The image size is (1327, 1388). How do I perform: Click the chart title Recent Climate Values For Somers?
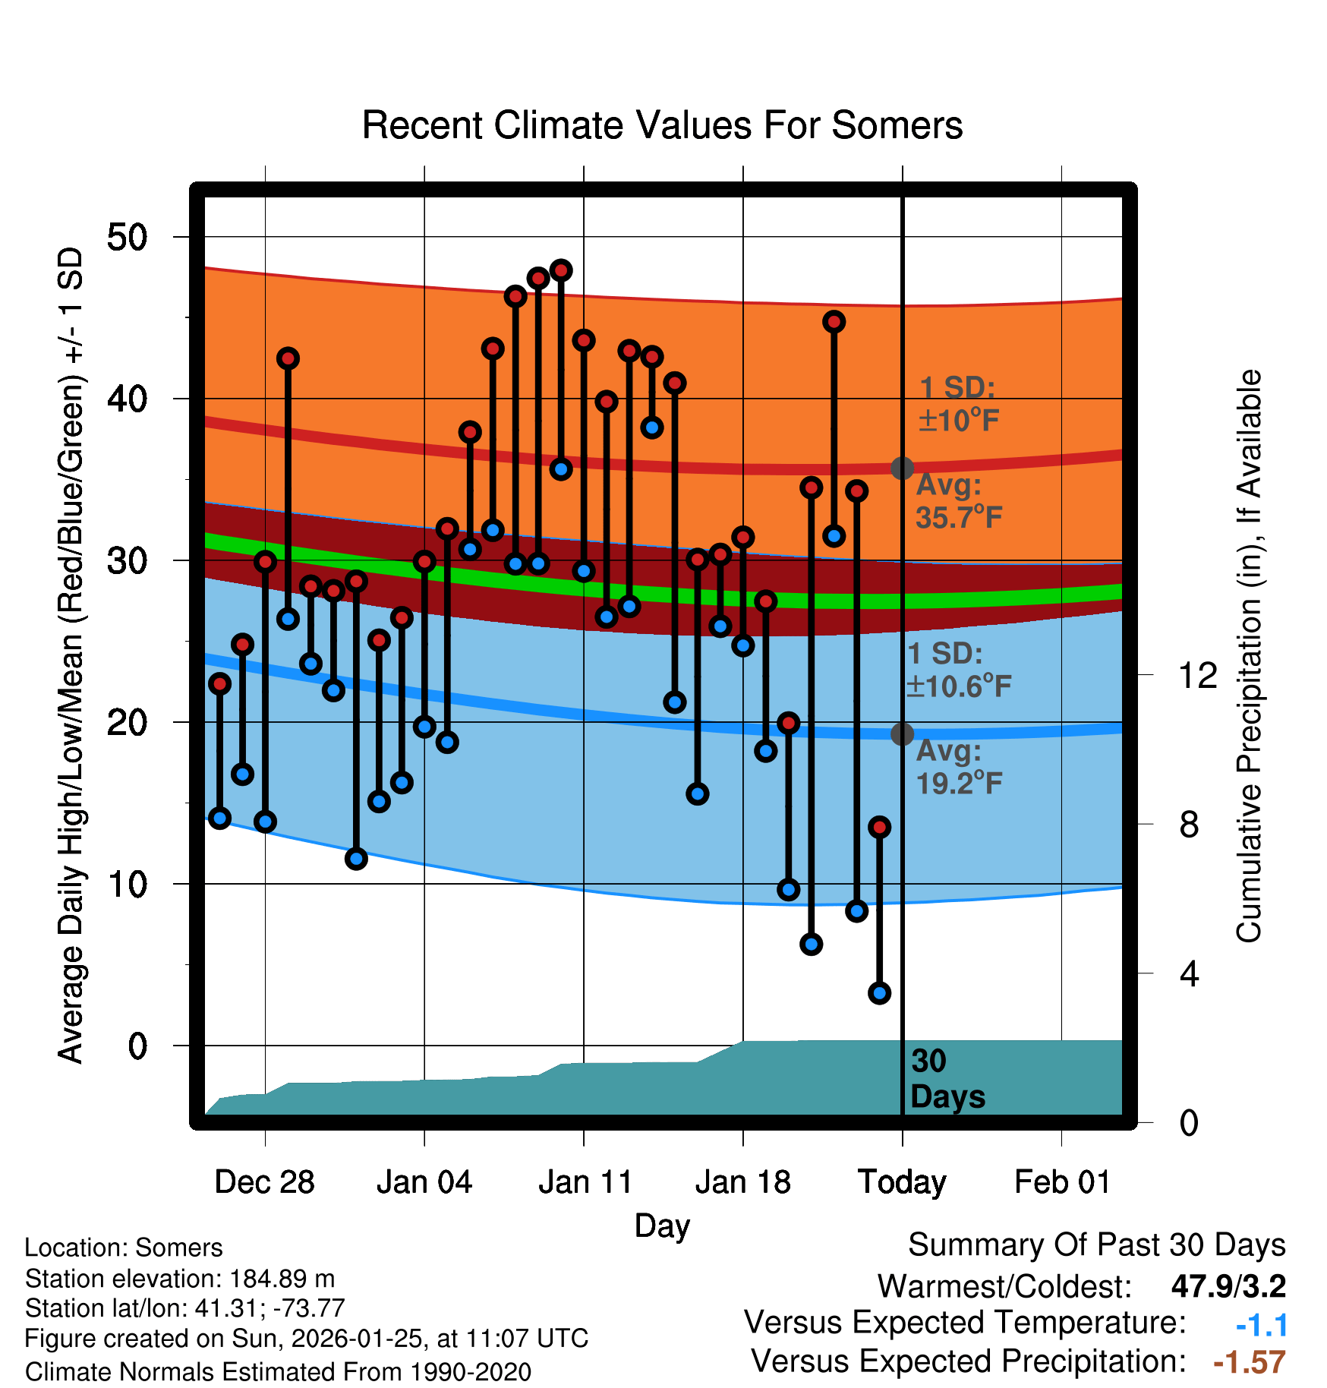coord(662,125)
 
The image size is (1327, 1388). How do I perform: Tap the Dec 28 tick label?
coord(264,1182)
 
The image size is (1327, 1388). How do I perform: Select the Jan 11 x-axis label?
coord(585,1182)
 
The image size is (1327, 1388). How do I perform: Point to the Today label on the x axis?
coord(902,1182)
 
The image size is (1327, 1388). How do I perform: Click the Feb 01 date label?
coord(1062,1182)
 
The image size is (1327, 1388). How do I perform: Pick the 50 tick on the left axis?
coord(127,238)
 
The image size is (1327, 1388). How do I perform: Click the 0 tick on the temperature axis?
coord(137,1046)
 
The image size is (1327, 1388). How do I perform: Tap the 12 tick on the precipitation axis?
coord(1197,675)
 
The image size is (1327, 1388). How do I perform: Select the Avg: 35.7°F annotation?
coord(959,501)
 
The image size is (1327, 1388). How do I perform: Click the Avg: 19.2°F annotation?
coord(959,767)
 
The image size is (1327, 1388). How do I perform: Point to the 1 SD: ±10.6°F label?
coord(959,670)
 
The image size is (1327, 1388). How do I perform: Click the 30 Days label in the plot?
coord(947,1079)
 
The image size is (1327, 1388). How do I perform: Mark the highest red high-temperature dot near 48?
coord(561,270)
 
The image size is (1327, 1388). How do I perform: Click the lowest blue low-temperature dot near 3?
coord(879,992)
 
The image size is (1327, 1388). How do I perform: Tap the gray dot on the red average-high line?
coord(902,468)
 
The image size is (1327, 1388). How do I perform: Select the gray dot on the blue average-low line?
coord(902,734)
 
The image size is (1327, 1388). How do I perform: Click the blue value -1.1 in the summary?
coord(1261,1325)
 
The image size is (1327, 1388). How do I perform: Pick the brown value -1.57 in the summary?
coord(1249,1362)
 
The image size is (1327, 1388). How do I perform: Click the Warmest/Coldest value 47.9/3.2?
coord(1228,1286)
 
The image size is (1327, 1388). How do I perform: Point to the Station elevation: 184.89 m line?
coord(180,1279)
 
